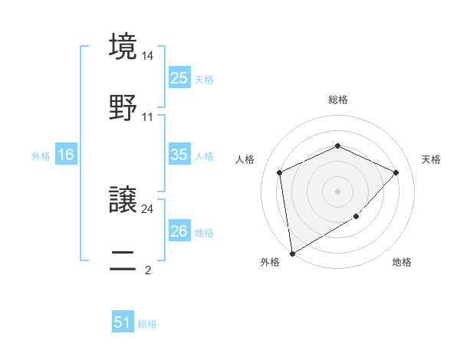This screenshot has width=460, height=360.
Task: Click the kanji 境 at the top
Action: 123,47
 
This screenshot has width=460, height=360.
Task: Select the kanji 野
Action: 123,108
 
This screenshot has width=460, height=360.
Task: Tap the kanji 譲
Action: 123,200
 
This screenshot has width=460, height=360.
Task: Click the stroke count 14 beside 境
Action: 148,57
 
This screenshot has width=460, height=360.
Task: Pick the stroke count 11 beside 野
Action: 148,118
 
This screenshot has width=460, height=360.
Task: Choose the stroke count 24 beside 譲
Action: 148,208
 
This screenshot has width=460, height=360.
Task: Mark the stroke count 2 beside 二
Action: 148,270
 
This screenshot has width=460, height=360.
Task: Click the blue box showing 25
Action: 179,77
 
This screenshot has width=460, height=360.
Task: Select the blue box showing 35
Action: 179,155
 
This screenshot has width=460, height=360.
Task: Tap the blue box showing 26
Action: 179,231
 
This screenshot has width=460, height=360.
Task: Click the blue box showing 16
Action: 66,155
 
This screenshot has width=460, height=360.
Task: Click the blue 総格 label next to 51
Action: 147,324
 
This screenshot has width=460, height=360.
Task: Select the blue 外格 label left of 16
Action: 41,155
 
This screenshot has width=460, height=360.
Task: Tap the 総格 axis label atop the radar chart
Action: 337,100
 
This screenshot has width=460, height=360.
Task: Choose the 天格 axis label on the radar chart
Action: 431,159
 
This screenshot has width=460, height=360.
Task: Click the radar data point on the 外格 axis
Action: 291,253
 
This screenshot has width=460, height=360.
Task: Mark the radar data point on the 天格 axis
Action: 396,172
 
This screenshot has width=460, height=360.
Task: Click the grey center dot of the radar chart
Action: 337,191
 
